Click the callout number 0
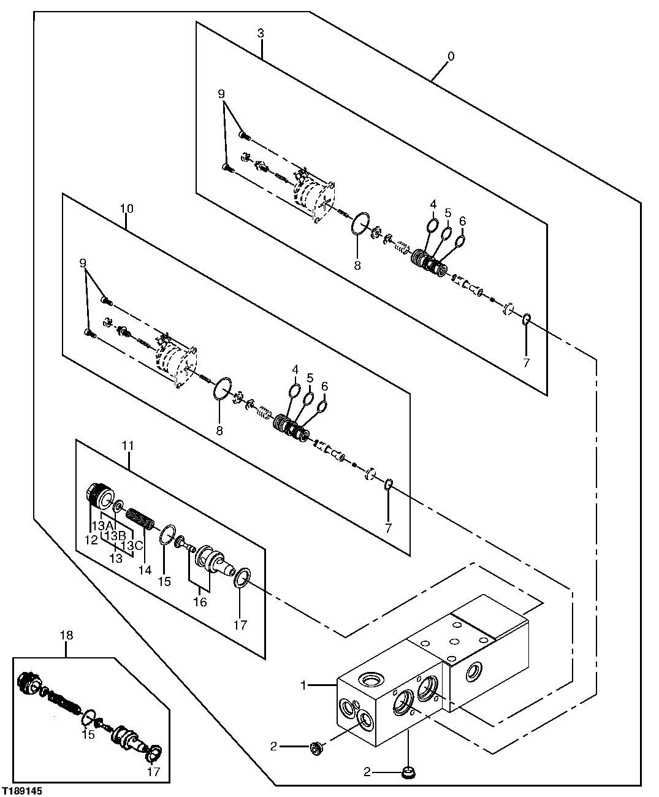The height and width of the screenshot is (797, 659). point(451,56)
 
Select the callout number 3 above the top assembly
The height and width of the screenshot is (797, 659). point(261,33)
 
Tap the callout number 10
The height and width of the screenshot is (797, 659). point(126,208)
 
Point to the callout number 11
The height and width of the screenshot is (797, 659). point(128,447)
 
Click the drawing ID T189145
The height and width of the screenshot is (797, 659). point(22,791)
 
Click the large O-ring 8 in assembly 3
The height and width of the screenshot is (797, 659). point(360,224)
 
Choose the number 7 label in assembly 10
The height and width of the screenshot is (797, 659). point(388,527)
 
